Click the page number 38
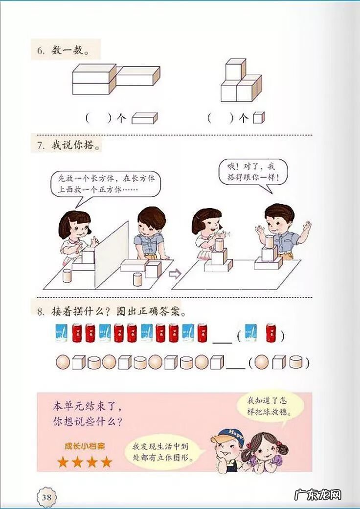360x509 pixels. [x=47, y=497]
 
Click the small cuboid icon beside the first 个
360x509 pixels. [x=144, y=118]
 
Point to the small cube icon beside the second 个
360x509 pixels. [x=258, y=118]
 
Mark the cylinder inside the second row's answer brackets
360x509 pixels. [x=295, y=363]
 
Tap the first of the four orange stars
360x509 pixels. [x=62, y=462]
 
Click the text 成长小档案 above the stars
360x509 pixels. [x=84, y=446]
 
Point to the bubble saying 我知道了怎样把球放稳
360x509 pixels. [x=269, y=406]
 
